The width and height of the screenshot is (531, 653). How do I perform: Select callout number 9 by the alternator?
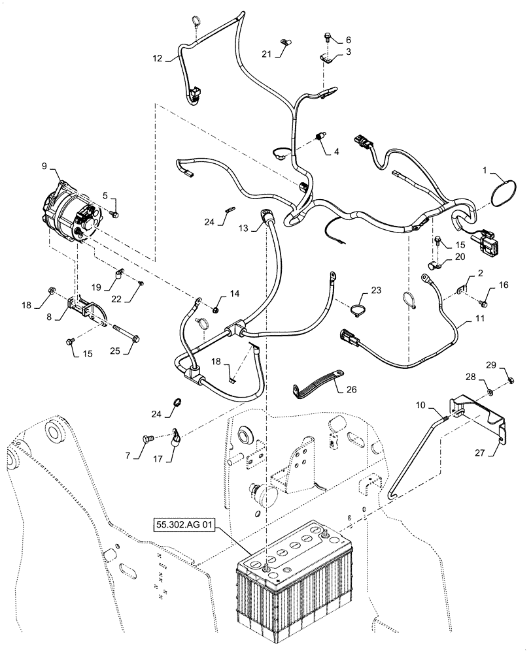(x=45, y=167)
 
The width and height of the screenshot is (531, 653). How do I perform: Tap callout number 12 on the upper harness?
(x=157, y=57)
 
